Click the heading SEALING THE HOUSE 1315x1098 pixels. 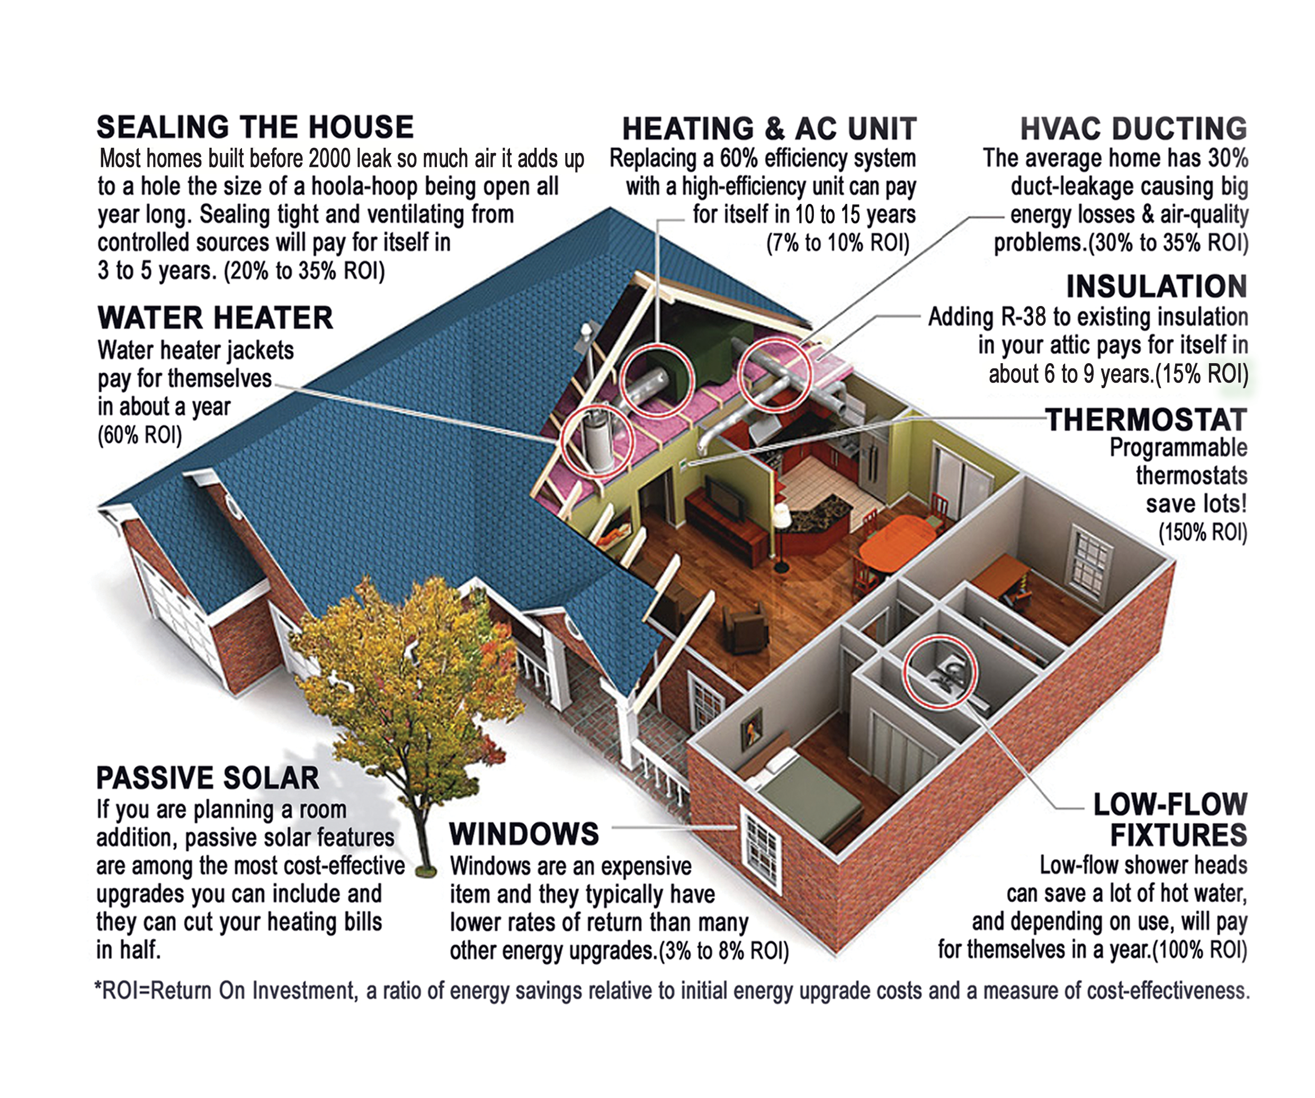tap(255, 127)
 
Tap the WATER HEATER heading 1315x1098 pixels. tap(215, 318)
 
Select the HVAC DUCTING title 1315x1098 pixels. tap(1133, 129)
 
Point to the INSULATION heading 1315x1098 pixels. tap(1157, 287)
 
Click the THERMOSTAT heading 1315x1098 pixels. tap(1146, 420)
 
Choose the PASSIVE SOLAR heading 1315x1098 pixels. tap(207, 778)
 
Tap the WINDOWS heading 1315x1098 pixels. tap(524, 834)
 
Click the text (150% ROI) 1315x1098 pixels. tap(1202, 533)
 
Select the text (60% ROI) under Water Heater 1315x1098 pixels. tap(140, 435)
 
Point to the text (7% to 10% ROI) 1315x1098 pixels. tap(838, 243)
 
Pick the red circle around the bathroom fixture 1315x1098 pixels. tap(940, 672)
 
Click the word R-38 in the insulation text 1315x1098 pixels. tap(1023, 317)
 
